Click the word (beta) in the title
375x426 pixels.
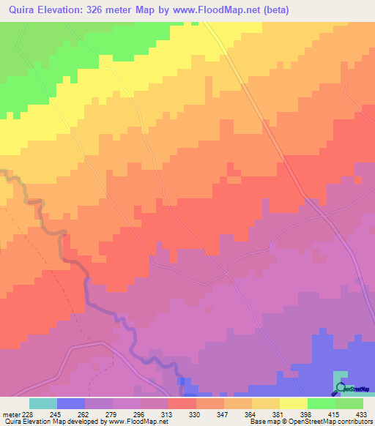coord(272,10)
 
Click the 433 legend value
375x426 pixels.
coord(363,414)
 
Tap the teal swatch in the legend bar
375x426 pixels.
coord(42,403)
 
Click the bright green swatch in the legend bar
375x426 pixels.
coord(321,403)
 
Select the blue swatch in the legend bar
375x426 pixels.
coord(70,403)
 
